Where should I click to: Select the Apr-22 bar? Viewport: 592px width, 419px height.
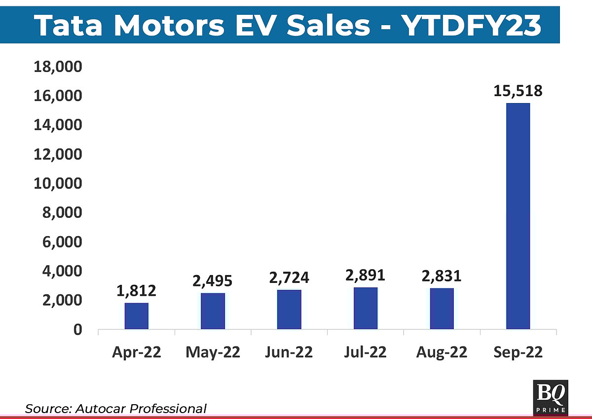coord(137,316)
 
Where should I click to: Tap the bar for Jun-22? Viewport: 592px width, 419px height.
coord(289,310)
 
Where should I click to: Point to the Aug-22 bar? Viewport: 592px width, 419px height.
coord(442,309)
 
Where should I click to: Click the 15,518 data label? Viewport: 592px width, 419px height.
coord(518,91)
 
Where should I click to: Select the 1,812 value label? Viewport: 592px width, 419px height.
coord(137,291)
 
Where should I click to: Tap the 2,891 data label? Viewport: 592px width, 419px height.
coord(366,275)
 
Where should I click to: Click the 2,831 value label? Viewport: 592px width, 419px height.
coord(442,276)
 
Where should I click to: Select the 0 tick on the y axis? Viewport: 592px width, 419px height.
coord(77,329)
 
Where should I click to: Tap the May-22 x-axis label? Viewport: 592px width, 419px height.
coord(213,352)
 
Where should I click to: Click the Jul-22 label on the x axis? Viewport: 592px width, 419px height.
coord(366,352)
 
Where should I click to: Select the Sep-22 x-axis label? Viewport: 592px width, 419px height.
coord(518,352)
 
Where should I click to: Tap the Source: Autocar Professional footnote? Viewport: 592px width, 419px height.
coord(116,408)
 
